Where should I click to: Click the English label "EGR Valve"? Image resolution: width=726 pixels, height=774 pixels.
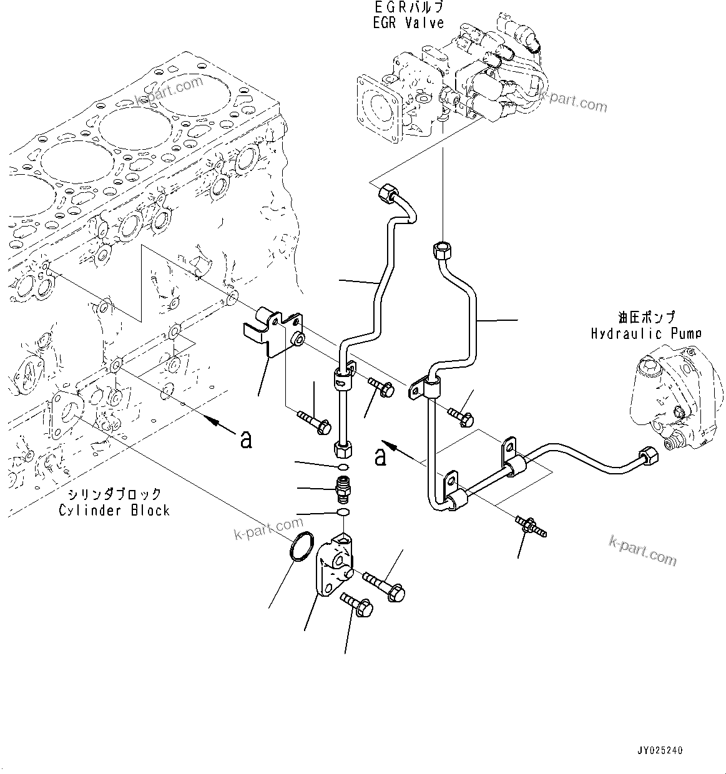(410, 23)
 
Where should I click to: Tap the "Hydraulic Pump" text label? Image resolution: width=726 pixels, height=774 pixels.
(646, 333)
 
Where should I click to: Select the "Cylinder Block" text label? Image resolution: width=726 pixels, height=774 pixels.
(114, 510)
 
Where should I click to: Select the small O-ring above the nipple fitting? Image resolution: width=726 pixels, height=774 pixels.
(343, 467)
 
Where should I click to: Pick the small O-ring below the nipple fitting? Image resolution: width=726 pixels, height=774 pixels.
(342, 512)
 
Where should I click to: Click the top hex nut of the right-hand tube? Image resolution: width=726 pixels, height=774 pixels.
(441, 251)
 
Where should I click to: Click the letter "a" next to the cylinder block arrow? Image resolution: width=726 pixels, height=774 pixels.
(247, 439)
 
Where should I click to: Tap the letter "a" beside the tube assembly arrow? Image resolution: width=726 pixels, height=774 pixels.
(380, 457)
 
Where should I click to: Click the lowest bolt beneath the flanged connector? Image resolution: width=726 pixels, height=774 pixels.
(357, 605)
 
